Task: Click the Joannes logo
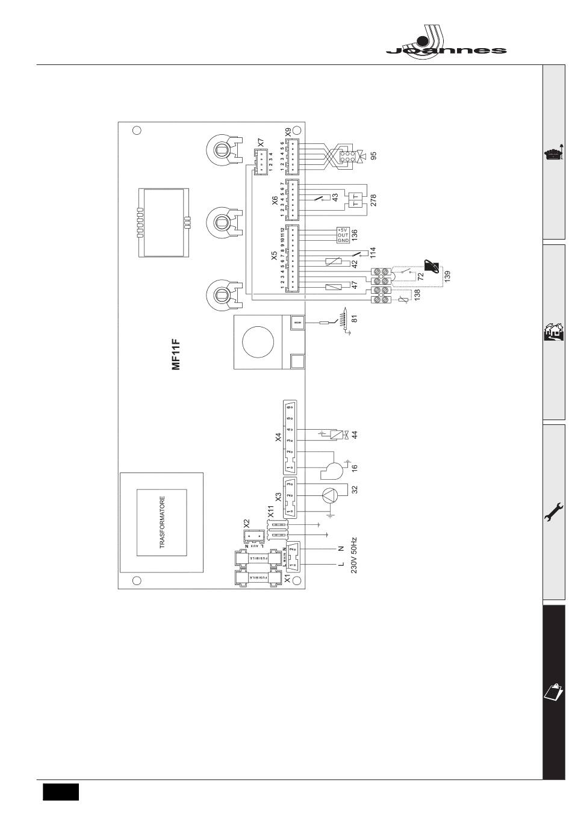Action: pyautogui.click(x=446, y=42)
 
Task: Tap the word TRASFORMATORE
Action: pyautogui.click(x=161, y=522)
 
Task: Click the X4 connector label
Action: pyautogui.click(x=278, y=437)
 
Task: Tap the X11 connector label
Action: pyautogui.click(x=271, y=512)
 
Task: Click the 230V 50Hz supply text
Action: pyautogui.click(x=354, y=555)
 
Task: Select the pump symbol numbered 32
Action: pyautogui.click(x=331, y=495)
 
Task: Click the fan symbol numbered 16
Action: pyautogui.click(x=331, y=468)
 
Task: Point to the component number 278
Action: pyautogui.click(x=373, y=201)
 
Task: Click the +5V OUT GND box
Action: pyautogui.click(x=343, y=235)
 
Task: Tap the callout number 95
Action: pyautogui.click(x=373, y=156)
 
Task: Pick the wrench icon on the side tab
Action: pyautogui.click(x=554, y=512)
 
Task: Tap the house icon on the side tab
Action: pyautogui.click(x=554, y=332)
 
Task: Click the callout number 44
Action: pyautogui.click(x=355, y=435)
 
